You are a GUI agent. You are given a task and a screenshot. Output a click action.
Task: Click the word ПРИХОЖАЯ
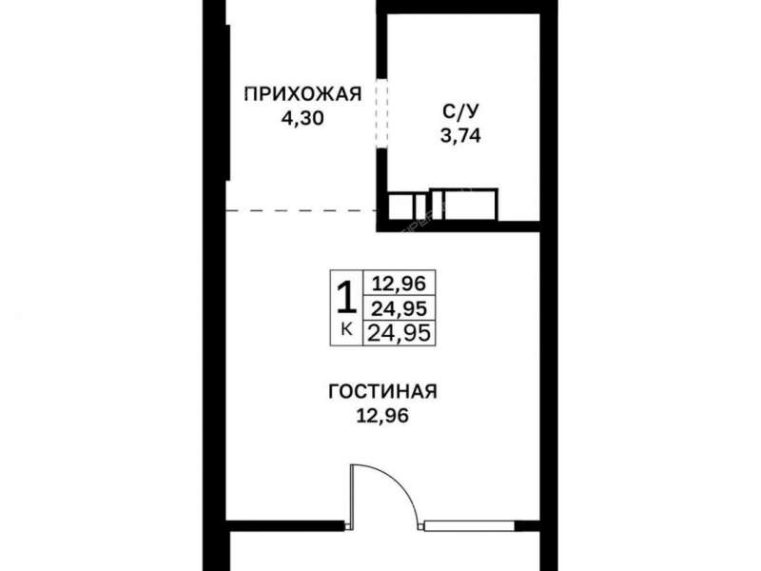302,93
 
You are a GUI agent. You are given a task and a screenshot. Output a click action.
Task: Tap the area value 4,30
302,118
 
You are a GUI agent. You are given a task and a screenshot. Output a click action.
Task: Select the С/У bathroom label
460,111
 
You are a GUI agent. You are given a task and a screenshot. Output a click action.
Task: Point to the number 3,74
460,136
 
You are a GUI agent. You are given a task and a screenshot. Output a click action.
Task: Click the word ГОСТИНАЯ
383,391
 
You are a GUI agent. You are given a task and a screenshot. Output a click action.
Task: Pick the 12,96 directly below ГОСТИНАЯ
383,416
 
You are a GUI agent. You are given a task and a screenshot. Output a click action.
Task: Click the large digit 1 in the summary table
346,298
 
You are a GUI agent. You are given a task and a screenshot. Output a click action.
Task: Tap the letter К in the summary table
346,330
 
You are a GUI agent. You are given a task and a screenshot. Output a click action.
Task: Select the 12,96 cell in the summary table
399,283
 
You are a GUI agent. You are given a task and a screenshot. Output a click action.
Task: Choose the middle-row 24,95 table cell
399,307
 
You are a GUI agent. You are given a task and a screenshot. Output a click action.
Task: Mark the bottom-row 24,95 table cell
399,333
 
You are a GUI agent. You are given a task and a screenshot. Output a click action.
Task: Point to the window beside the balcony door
469,525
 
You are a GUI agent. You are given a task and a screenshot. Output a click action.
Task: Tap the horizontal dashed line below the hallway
302,210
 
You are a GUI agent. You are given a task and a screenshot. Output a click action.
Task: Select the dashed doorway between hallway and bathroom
382,113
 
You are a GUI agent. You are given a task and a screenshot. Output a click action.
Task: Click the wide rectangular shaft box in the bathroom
464,204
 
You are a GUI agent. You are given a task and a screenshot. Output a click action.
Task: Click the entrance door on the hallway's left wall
227,102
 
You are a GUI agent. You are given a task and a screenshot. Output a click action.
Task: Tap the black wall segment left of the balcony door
285,525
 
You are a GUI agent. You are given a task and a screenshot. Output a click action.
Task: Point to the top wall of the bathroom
459,7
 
